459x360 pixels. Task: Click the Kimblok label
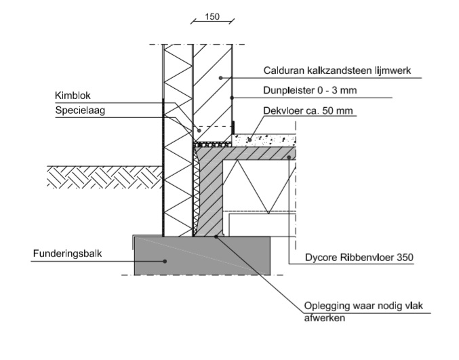point(71,95)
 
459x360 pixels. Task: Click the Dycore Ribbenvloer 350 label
point(346,258)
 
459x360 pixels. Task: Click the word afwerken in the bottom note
point(323,317)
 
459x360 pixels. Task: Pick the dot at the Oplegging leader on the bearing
point(216,236)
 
